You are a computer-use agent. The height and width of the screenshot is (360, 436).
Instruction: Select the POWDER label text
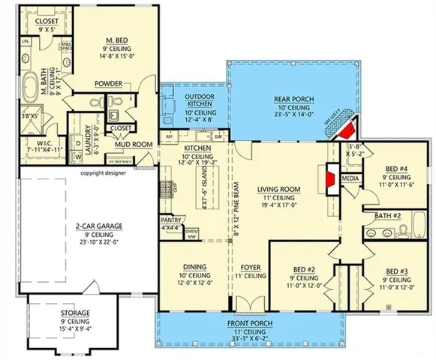[x=107, y=84]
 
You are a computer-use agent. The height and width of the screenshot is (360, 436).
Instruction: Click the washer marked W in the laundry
[x=79, y=156]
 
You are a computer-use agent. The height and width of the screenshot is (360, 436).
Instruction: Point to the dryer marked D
[x=79, y=142]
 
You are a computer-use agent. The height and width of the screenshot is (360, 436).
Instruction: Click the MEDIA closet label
[x=350, y=180]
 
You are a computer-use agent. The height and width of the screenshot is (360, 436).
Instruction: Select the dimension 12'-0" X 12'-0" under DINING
[x=195, y=283]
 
